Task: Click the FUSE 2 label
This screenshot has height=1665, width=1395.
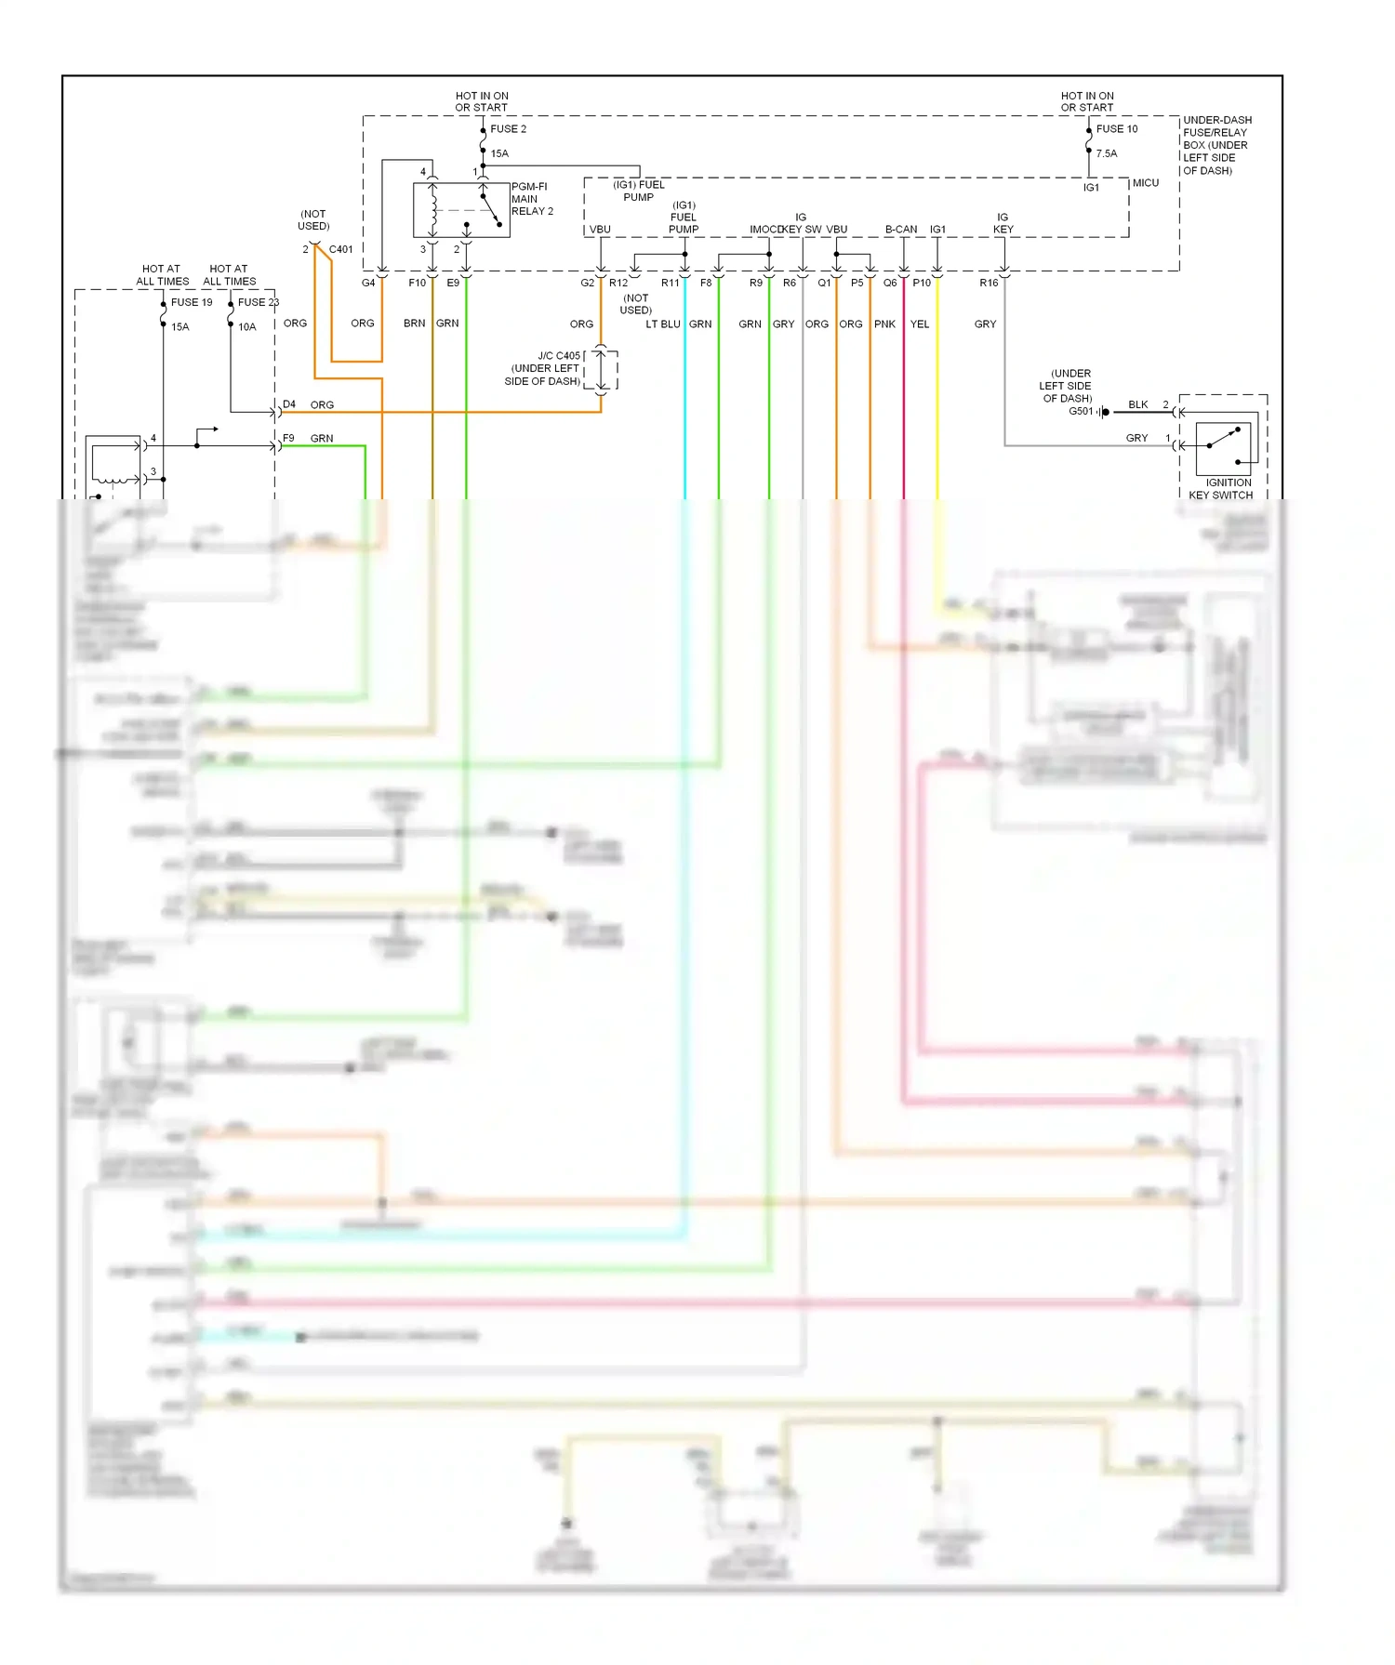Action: click(x=508, y=129)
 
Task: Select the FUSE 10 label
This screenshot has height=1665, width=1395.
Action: click(x=1116, y=129)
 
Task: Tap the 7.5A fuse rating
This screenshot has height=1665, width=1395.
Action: click(x=1106, y=153)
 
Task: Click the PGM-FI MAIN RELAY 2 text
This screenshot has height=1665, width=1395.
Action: click(x=532, y=199)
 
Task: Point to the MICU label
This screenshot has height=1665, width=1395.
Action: click(x=1145, y=183)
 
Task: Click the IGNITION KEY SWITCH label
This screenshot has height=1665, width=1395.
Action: click(x=1221, y=489)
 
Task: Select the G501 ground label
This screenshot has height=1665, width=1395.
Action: click(x=1081, y=411)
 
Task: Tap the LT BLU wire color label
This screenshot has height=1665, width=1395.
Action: click(x=662, y=324)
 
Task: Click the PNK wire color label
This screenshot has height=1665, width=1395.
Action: click(x=884, y=324)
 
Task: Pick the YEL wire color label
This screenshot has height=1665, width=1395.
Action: click(x=919, y=324)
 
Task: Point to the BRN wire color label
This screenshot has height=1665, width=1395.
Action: click(x=414, y=324)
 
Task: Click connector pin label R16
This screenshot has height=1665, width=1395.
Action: click(x=989, y=283)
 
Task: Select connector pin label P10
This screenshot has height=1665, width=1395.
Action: click(x=922, y=283)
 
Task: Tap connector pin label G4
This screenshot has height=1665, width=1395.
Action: click(x=368, y=283)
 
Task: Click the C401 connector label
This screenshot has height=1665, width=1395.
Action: click(x=340, y=249)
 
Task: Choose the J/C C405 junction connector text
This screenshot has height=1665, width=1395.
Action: click(x=543, y=368)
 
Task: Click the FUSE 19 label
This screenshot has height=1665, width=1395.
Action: click(x=192, y=302)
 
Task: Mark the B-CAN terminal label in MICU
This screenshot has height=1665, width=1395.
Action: click(x=900, y=230)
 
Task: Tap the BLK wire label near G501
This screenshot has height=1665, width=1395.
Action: click(x=1137, y=404)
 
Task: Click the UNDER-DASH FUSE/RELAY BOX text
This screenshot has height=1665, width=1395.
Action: click(x=1216, y=145)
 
